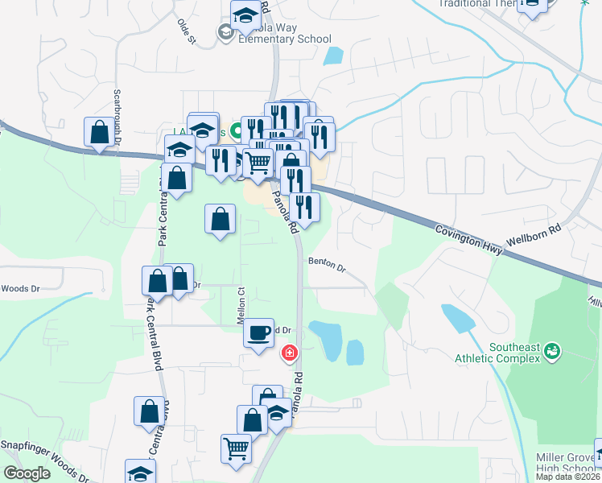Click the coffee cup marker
point(259,332)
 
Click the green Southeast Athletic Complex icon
point(552,351)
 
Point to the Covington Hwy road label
point(468,237)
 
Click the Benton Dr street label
point(327,264)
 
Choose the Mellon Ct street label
point(241,305)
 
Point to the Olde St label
point(187,30)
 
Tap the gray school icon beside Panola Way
point(225,32)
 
